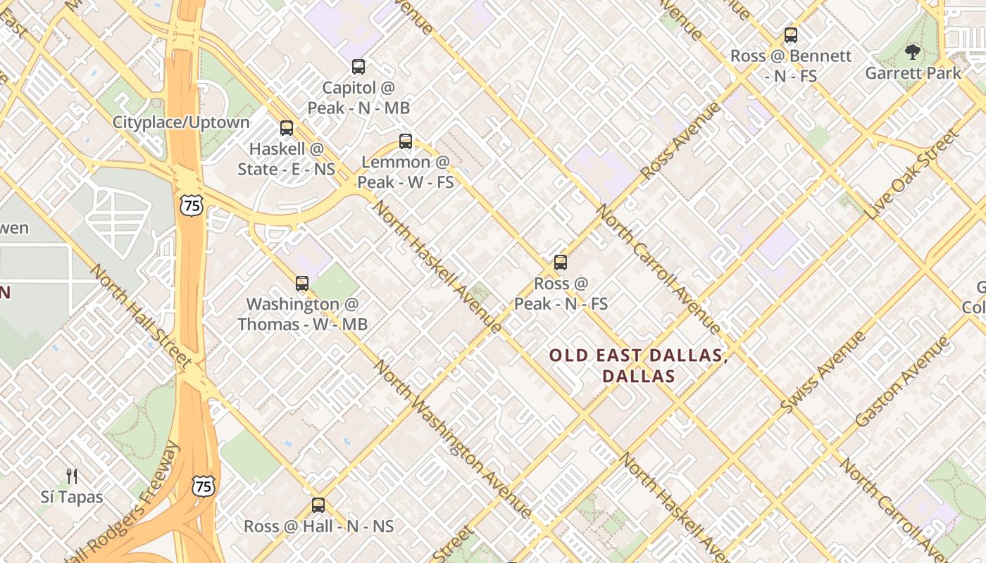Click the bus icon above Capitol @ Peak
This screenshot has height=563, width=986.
358,67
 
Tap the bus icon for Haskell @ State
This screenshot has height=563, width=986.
286,128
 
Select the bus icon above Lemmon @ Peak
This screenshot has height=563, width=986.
405,141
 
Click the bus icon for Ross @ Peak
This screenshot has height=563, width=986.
560,262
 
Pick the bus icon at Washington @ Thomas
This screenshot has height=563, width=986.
301,284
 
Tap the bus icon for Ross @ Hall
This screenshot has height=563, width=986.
318,505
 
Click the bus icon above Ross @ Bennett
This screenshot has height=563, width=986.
790,35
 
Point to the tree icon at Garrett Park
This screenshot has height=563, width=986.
912,51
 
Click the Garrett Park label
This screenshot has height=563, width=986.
913,73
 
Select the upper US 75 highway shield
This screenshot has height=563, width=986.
191,205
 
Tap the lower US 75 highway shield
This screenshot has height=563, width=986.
203,486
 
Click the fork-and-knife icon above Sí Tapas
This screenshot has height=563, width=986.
71,476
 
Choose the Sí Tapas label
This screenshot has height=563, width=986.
71,497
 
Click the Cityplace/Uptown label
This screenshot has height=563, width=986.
181,122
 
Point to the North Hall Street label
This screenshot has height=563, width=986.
141,316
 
